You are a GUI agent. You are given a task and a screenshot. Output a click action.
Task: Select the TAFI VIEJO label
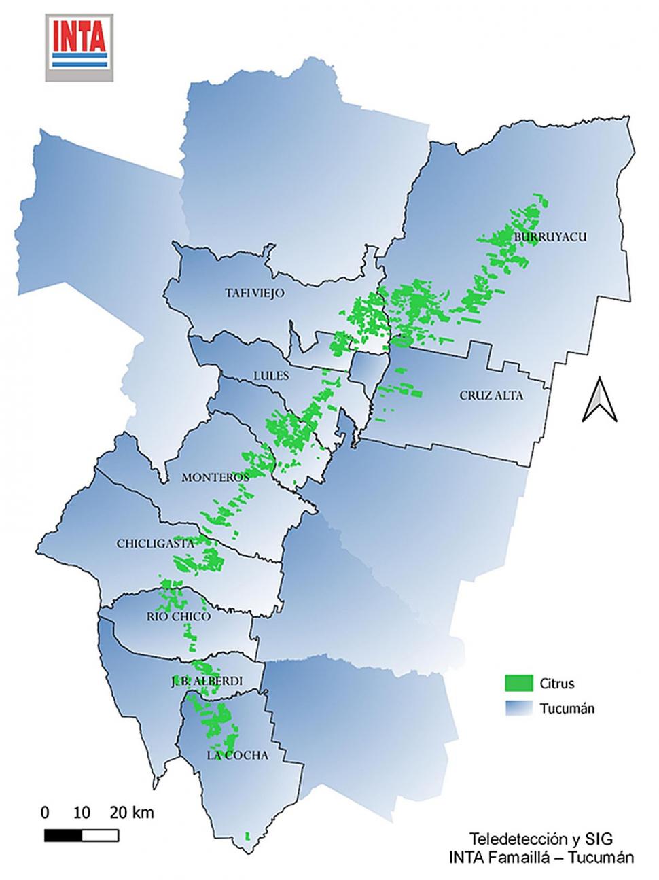pos(254,293)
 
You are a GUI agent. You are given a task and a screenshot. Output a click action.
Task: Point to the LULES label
pos(271,375)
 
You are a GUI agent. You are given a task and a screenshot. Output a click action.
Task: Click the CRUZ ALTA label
pos(491,395)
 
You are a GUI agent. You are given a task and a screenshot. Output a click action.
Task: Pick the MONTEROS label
pos(215,478)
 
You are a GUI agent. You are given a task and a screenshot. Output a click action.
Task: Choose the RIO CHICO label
pos(178,616)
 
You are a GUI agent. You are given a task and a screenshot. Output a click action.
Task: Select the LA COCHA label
pos(238,755)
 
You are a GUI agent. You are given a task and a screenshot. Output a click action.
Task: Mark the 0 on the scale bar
pos(45,812)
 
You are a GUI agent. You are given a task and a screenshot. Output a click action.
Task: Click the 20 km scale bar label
pos(132,812)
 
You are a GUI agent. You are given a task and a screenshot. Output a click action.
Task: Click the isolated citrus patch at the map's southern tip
pos(248,835)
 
